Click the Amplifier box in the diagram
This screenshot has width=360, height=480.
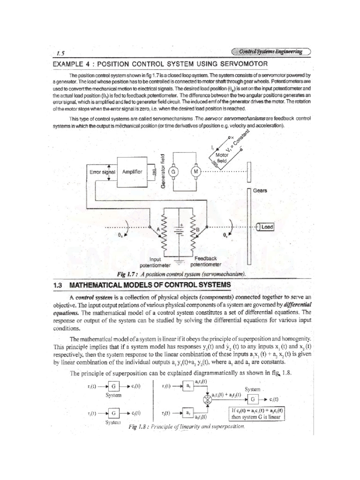[x=132, y=172]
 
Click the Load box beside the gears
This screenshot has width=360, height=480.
[x=266, y=227]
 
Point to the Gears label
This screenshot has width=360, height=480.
[x=260, y=191]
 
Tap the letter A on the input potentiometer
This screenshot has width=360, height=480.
[x=158, y=228]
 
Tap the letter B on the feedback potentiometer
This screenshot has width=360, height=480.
[x=197, y=229]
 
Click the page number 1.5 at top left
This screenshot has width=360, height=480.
[x=60, y=53]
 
